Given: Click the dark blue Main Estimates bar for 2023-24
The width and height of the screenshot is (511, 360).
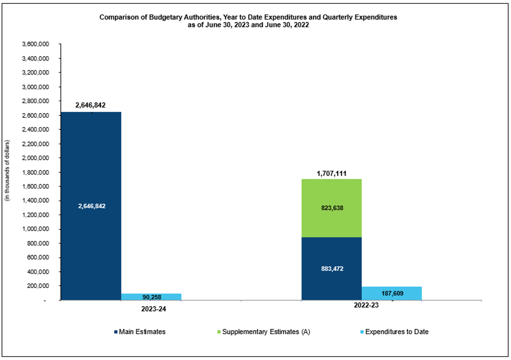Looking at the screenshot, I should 91,172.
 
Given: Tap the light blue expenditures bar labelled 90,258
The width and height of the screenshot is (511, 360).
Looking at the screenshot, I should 151,297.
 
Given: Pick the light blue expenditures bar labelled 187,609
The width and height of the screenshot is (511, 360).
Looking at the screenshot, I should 391,293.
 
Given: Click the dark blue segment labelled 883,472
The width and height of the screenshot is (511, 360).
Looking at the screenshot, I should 331,268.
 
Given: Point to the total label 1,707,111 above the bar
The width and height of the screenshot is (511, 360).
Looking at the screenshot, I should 332,174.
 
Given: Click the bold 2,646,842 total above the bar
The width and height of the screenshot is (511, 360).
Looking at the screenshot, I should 90,105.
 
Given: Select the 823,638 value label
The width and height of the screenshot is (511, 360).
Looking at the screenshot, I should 331,208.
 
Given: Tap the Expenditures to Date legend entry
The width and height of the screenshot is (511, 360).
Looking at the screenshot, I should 393,332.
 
